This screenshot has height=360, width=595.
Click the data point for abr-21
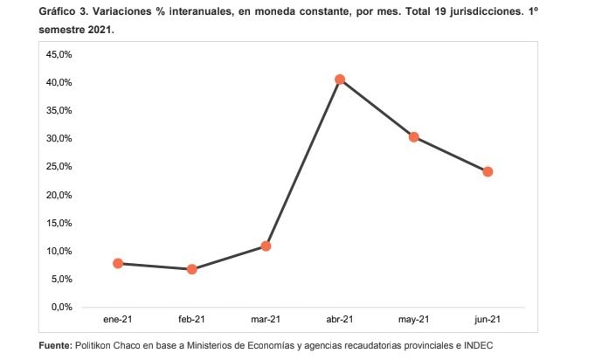coord(340,80)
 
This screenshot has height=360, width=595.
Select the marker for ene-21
coord(118,263)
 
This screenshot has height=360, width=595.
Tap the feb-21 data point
coord(192,269)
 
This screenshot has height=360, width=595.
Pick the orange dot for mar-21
coord(266,246)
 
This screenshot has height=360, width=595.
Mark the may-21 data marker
coord(414,137)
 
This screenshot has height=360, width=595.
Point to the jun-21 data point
coord(488,172)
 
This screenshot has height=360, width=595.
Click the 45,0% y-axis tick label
coord(59,55)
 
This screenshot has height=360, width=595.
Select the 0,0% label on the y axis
coord(62,307)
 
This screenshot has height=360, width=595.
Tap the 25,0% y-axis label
coord(59,167)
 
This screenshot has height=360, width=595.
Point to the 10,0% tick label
coord(59,251)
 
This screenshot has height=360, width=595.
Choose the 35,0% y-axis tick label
coord(59,110)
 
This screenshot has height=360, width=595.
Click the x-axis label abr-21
coord(340,320)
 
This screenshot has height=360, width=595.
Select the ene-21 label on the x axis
coord(118,320)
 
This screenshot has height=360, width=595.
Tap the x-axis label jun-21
coord(488,320)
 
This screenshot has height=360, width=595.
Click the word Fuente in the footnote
coord(55,346)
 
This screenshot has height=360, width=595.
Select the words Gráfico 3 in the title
coord(63,11)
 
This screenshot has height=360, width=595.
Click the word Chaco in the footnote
coord(116,346)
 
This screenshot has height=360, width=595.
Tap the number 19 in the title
coord(440,11)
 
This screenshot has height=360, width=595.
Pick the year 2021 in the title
coord(101,30)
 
